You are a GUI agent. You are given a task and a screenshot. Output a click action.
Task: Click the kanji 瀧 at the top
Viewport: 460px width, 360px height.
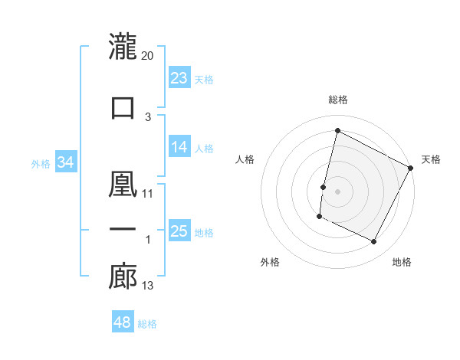[x=123, y=46]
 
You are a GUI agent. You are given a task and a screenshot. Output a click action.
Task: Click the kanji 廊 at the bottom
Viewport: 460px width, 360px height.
[x=123, y=277]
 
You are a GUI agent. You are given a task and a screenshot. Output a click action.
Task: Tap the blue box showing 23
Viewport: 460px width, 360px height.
[x=179, y=77]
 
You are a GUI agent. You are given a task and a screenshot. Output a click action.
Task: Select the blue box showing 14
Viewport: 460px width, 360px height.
[x=179, y=147]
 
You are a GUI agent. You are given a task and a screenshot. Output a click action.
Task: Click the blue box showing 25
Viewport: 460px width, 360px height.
[x=179, y=231]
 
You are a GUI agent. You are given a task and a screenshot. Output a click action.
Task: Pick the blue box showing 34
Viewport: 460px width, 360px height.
[x=66, y=162]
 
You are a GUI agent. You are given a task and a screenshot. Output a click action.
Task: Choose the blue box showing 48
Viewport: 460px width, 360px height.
[x=123, y=322]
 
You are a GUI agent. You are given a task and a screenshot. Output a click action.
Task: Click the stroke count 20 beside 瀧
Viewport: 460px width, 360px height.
[x=148, y=56]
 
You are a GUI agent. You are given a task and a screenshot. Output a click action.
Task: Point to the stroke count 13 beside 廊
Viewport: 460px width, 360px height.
[x=148, y=286]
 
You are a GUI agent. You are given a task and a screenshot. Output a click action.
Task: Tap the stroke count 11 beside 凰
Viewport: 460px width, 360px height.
[x=148, y=193]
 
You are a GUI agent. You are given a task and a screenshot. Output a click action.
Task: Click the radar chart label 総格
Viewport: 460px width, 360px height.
[x=338, y=100]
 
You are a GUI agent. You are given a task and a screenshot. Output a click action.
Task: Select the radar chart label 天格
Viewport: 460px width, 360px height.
[x=431, y=159]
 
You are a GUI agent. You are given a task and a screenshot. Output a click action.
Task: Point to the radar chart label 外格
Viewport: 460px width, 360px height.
[x=270, y=262]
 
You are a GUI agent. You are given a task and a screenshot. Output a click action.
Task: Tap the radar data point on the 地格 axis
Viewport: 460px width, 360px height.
[x=373, y=242]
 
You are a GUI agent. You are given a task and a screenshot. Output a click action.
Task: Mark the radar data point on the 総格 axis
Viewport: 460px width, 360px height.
[x=337, y=130]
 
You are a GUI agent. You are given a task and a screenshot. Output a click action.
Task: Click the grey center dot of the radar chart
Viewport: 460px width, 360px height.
[x=337, y=191]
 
